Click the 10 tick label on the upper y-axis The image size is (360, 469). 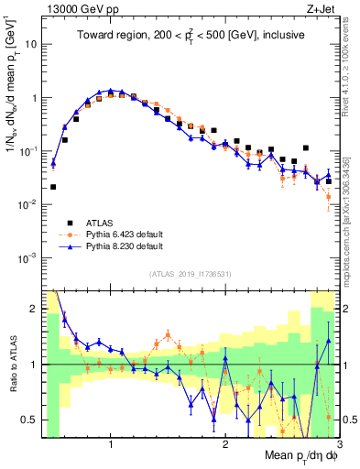pos(29,44)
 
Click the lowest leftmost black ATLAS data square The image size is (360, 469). pos(53,187)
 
